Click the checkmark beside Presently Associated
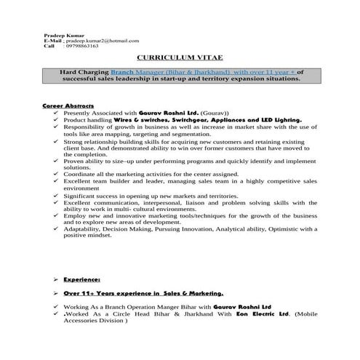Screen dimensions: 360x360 coord(56,114)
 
